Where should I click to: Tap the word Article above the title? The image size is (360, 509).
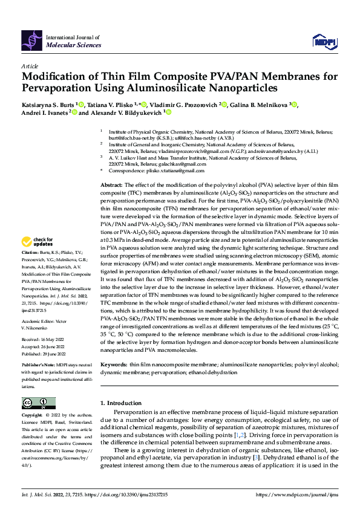point(29,66)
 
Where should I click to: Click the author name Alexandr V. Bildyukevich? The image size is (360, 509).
point(126,112)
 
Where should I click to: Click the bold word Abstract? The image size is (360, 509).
point(111,184)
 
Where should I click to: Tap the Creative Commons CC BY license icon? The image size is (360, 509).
point(39,403)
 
